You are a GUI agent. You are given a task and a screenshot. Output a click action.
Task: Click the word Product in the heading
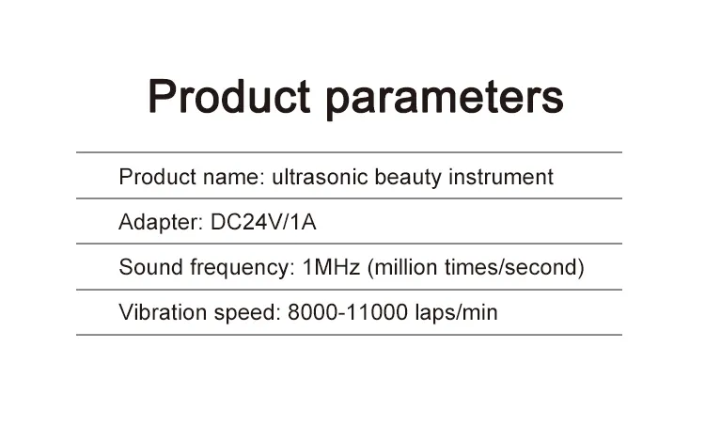[229, 97]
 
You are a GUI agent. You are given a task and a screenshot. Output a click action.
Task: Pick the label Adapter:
[160, 223]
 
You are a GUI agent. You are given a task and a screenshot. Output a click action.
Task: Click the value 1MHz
[331, 267]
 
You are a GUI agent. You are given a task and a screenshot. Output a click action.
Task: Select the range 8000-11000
[345, 312]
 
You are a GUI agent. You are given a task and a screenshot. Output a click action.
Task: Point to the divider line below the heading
[349, 152]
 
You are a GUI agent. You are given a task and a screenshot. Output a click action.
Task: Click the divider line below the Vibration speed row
[349, 335]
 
